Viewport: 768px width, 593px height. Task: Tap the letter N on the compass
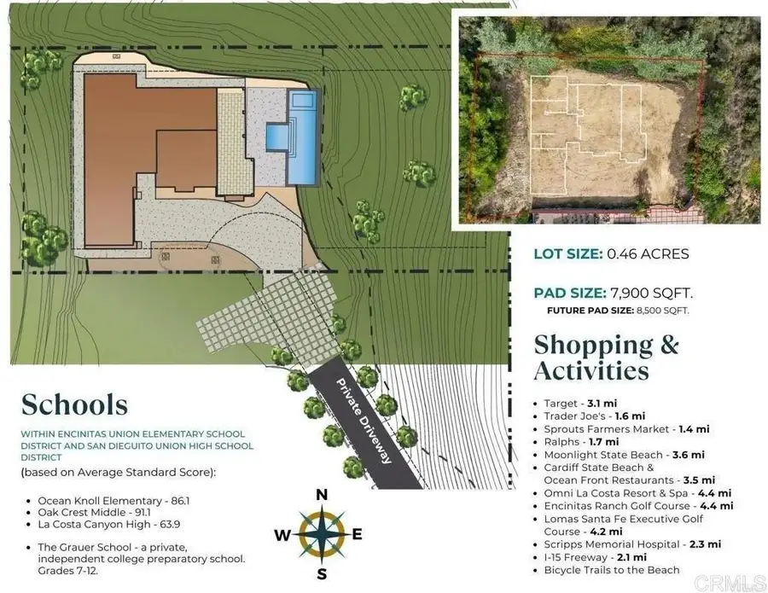[x=322, y=495]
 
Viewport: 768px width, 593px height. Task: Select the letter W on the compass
[x=282, y=535]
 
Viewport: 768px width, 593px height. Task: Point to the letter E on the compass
[x=357, y=534]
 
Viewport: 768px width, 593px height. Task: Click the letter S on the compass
[x=322, y=574]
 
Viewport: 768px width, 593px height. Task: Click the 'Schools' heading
[x=74, y=405]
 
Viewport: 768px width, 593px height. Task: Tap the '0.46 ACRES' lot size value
[x=648, y=253]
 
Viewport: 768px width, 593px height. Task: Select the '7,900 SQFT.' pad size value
[x=651, y=293]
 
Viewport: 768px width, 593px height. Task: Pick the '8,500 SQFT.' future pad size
[x=663, y=311]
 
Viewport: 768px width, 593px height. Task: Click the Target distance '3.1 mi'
[x=602, y=404]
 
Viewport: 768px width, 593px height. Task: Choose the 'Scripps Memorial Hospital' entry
[x=612, y=544]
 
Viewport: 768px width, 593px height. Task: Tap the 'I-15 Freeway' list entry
[x=575, y=557]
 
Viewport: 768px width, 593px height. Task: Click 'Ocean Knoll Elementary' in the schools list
[x=100, y=501]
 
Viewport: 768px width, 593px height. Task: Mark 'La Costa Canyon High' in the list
[x=95, y=525]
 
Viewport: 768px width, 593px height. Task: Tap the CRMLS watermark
[x=730, y=583]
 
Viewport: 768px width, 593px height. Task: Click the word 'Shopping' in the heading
[x=593, y=346]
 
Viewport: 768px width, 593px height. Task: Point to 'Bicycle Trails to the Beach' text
[x=612, y=570]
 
